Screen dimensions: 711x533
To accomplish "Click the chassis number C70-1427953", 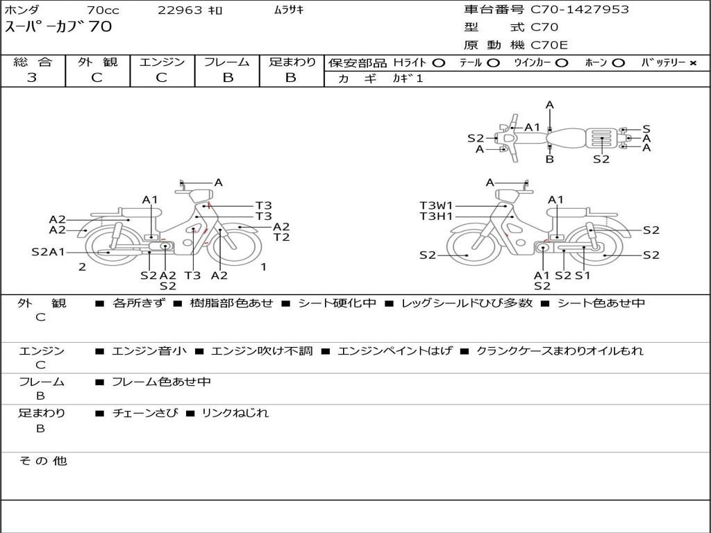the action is pyautogui.click(x=580, y=10).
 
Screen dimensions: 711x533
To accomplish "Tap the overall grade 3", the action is pyautogui.click(x=32, y=78).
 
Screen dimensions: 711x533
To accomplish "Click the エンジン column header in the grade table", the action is pyautogui.click(x=162, y=62).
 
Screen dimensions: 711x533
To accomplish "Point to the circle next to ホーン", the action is pyautogui.click(x=618, y=63).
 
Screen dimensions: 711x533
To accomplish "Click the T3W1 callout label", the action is pyautogui.click(x=436, y=205).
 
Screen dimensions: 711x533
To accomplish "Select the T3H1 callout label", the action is pyautogui.click(x=436, y=217).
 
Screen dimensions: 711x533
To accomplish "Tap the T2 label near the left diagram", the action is pyautogui.click(x=281, y=237).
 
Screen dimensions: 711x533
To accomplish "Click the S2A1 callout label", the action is pyautogui.click(x=48, y=252).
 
